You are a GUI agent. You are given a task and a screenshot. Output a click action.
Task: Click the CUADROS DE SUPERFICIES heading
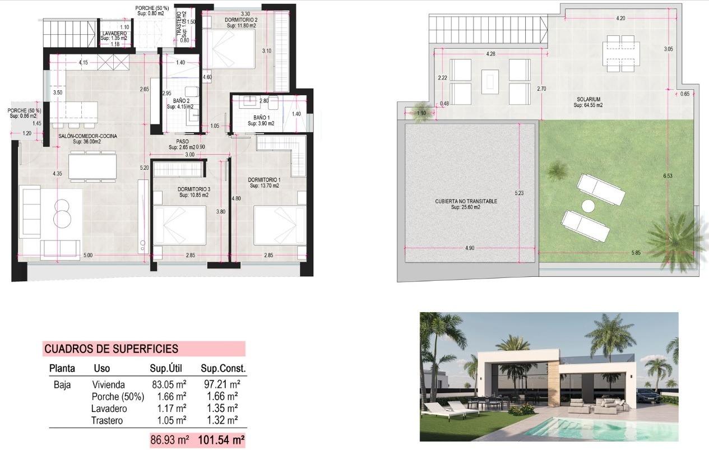click(x=111, y=349)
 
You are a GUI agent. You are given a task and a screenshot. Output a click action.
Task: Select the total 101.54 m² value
click(x=221, y=440)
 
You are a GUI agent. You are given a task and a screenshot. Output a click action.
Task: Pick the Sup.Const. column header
click(x=223, y=369)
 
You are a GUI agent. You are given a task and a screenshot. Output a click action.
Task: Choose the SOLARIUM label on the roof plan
click(x=588, y=99)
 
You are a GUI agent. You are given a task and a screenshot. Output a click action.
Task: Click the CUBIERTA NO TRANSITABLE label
click(x=466, y=201)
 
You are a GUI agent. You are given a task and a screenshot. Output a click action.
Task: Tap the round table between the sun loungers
click(x=588, y=206)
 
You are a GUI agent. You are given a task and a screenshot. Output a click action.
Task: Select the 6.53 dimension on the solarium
click(x=667, y=176)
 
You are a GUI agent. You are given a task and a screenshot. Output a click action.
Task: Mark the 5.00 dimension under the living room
click(x=87, y=255)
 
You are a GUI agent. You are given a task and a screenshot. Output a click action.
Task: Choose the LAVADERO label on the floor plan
click(x=114, y=34)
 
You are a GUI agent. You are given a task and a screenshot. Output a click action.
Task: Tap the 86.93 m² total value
click(x=169, y=440)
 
